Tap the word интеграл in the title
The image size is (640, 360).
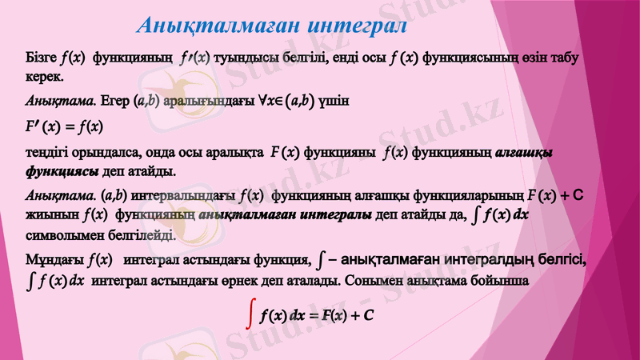point(356,25)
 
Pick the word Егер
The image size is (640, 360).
point(116,102)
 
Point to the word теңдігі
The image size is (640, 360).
point(49,152)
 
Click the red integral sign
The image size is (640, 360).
point(252,315)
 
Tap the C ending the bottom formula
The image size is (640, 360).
point(369,315)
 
